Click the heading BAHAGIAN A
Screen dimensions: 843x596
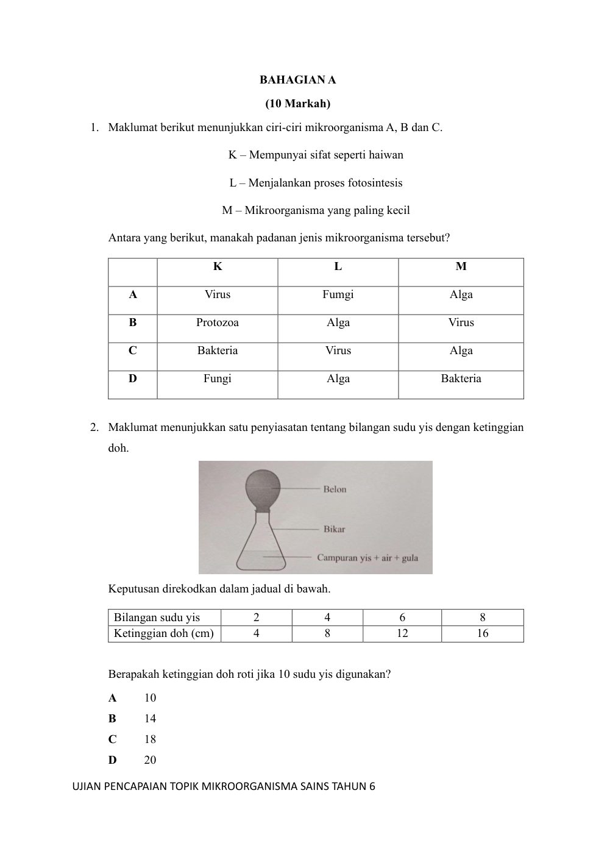tap(297, 80)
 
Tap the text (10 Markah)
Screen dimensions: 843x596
tap(297, 104)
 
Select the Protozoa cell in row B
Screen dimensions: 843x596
tap(217, 322)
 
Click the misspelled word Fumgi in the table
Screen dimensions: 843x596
tap(338, 294)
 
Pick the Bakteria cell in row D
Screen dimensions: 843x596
tap(461, 379)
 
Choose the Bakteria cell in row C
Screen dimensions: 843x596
tap(217, 350)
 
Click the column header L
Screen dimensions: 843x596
tap(338, 266)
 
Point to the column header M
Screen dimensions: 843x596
tap(461, 266)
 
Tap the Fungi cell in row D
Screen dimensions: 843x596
tap(217, 379)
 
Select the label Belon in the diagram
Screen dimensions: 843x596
tap(335, 489)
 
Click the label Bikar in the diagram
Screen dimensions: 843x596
tap(334, 529)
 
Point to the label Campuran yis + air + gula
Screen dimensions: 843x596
tap(367, 558)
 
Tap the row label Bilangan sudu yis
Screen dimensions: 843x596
tap(157, 617)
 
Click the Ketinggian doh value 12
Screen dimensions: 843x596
tap(402, 633)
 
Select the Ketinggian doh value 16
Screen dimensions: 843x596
tap(482, 633)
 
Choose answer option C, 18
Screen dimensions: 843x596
tap(150, 739)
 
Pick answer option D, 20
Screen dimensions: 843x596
tap(150, 760)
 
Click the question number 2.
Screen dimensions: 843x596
tap(94, 427)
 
